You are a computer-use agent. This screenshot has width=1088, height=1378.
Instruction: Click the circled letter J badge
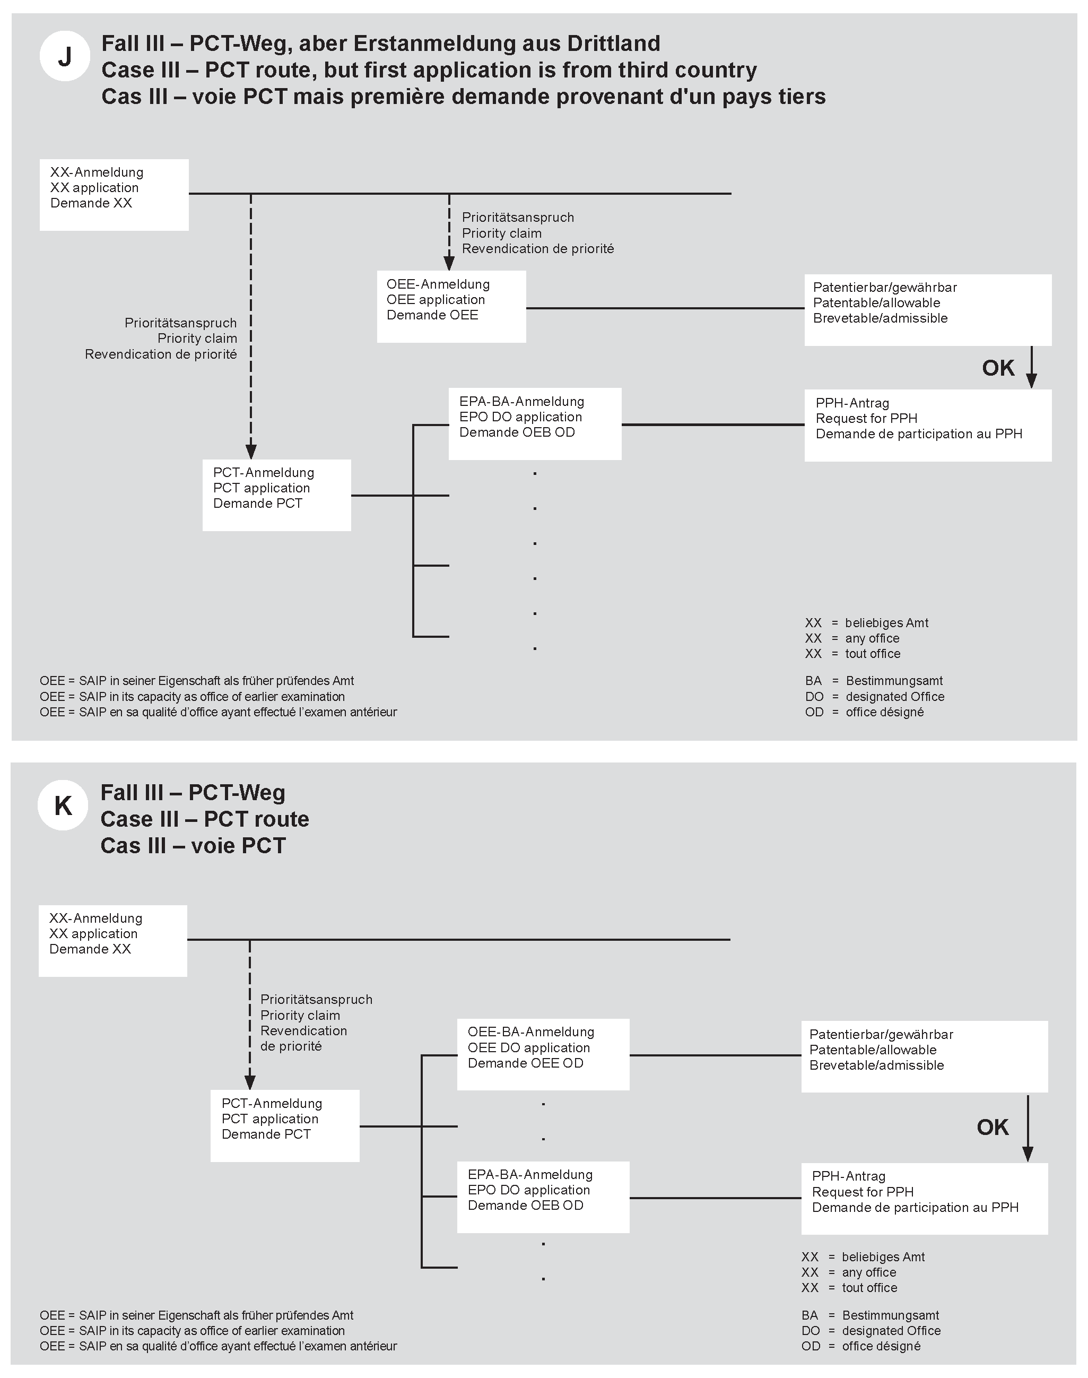pyautogui.click(x=64, y=56)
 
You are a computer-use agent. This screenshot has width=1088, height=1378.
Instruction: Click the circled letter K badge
pyautogui.click(x=63, y=805)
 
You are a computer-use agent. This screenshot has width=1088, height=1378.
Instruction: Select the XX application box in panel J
pyautogui.click(x=114, y=194)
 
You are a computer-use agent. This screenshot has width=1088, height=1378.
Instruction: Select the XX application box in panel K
pyautogui.click(x=113, y=940)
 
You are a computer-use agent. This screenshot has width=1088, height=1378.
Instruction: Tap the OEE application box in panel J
pyautogui.click(x=451, y=307)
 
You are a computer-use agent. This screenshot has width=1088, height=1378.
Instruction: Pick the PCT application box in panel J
pyautogui.click(x=276, y=495)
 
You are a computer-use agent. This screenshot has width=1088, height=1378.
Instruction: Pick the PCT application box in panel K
pyautogui.click(x=285, y=1126)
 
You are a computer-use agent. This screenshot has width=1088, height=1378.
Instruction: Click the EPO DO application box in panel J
pyautogui.click(x=534, y=423)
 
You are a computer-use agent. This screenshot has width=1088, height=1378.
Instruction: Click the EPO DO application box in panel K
pyautogui.click(x=543, y=1197)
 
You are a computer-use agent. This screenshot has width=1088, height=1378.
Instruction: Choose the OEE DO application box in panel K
pyautogui.click(x=543, y=1054)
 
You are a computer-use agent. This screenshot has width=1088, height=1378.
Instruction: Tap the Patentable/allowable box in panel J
pyautogui.click(x=927, y=310)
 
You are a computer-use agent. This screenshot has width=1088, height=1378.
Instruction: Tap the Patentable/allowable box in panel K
pyautogui.click(x=924, y=1056)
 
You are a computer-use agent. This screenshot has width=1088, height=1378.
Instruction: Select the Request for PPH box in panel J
pyautogui.click(x=927, y=425)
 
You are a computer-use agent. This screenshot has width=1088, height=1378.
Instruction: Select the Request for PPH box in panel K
pyautogui.click(x=924, y=1198)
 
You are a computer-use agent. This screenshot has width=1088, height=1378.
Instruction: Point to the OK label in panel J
pyautogui.click(x=997, y=368)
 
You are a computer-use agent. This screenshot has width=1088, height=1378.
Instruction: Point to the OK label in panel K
pyautogui.click(x=993, y=1127)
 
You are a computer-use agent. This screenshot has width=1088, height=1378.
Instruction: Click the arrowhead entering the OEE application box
pyautogui.click(x=449, y=264)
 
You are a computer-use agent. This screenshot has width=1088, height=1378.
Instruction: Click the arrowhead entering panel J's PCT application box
pyautogui.click(x=251, y=452)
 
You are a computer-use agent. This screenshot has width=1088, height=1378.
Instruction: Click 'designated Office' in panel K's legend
pyautogui.click(x=891, y=1330)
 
